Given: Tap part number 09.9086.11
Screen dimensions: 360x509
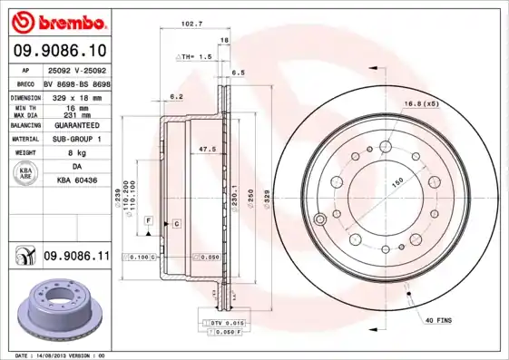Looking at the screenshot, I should pos(76,258).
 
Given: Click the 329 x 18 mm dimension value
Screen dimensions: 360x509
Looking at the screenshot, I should pos(77,95).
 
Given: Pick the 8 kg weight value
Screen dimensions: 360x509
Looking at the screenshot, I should pos(77,153).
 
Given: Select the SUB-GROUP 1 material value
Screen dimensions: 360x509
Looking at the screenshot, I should pos(77,139).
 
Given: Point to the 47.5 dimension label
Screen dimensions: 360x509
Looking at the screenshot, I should pos(206,149).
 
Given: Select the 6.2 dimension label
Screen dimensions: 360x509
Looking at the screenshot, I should pos(177,96).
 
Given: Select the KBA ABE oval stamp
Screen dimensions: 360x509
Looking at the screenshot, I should pos(27,174).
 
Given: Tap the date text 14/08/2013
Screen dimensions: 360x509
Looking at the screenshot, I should pos(61,355).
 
